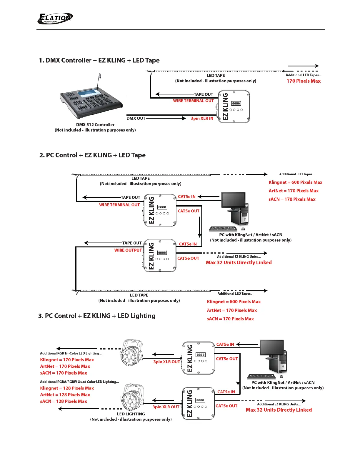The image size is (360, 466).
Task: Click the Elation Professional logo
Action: tap(55, 19)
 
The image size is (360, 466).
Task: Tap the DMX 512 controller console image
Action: tap(91, 100)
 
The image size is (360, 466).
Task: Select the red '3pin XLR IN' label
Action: tap(202, 119)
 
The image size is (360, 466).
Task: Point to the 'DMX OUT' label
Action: tap(136, 118)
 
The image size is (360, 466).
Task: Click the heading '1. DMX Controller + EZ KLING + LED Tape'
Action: tap(99, 61)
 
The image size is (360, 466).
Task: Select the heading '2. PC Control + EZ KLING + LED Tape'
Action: tap(92, 155)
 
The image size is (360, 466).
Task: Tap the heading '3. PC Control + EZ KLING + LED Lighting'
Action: tap(97, 316)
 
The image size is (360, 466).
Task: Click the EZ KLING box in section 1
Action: tap(234, 106)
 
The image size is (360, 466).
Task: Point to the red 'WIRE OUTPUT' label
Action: tap(128, 250)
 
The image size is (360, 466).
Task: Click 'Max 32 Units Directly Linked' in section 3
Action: tap(279, 410)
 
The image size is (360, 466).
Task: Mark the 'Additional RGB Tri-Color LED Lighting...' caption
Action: tap(71, 353)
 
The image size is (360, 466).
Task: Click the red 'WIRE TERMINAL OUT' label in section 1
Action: tap(193, 101)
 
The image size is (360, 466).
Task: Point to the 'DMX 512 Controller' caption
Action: tap(95, 125)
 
